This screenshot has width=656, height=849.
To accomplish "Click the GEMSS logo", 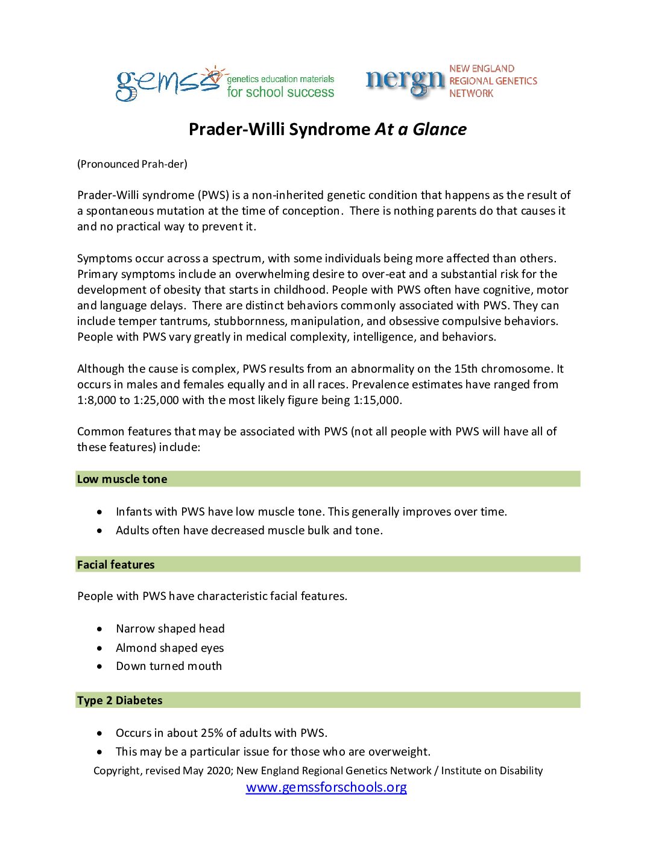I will click(x=169, y=84).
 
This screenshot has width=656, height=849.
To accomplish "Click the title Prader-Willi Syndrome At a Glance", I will click(x=327, y=129).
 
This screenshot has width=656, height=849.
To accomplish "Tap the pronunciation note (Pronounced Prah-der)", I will click(x=132, y=164).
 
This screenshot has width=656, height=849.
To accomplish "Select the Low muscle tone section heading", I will click(x=122, y=479).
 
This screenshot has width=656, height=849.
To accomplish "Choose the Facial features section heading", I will click(x=116, y=565).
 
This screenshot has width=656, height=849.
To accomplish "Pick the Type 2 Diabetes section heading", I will click(x=120, y=701).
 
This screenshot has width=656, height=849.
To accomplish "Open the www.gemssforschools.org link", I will click(x=326, y=787).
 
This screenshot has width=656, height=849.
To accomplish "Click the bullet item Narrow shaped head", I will click(x=170, y=629).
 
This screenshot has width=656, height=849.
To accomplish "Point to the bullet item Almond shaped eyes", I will click(x=169, y=648).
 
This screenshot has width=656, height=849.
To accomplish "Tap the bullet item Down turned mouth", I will click(x=169, y=666).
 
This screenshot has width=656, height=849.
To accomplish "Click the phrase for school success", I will click(x=280, y=92).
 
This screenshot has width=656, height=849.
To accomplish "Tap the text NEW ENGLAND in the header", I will click(x=482, y=69).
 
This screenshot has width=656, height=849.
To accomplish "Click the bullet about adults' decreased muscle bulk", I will click(x=249, y=531).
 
